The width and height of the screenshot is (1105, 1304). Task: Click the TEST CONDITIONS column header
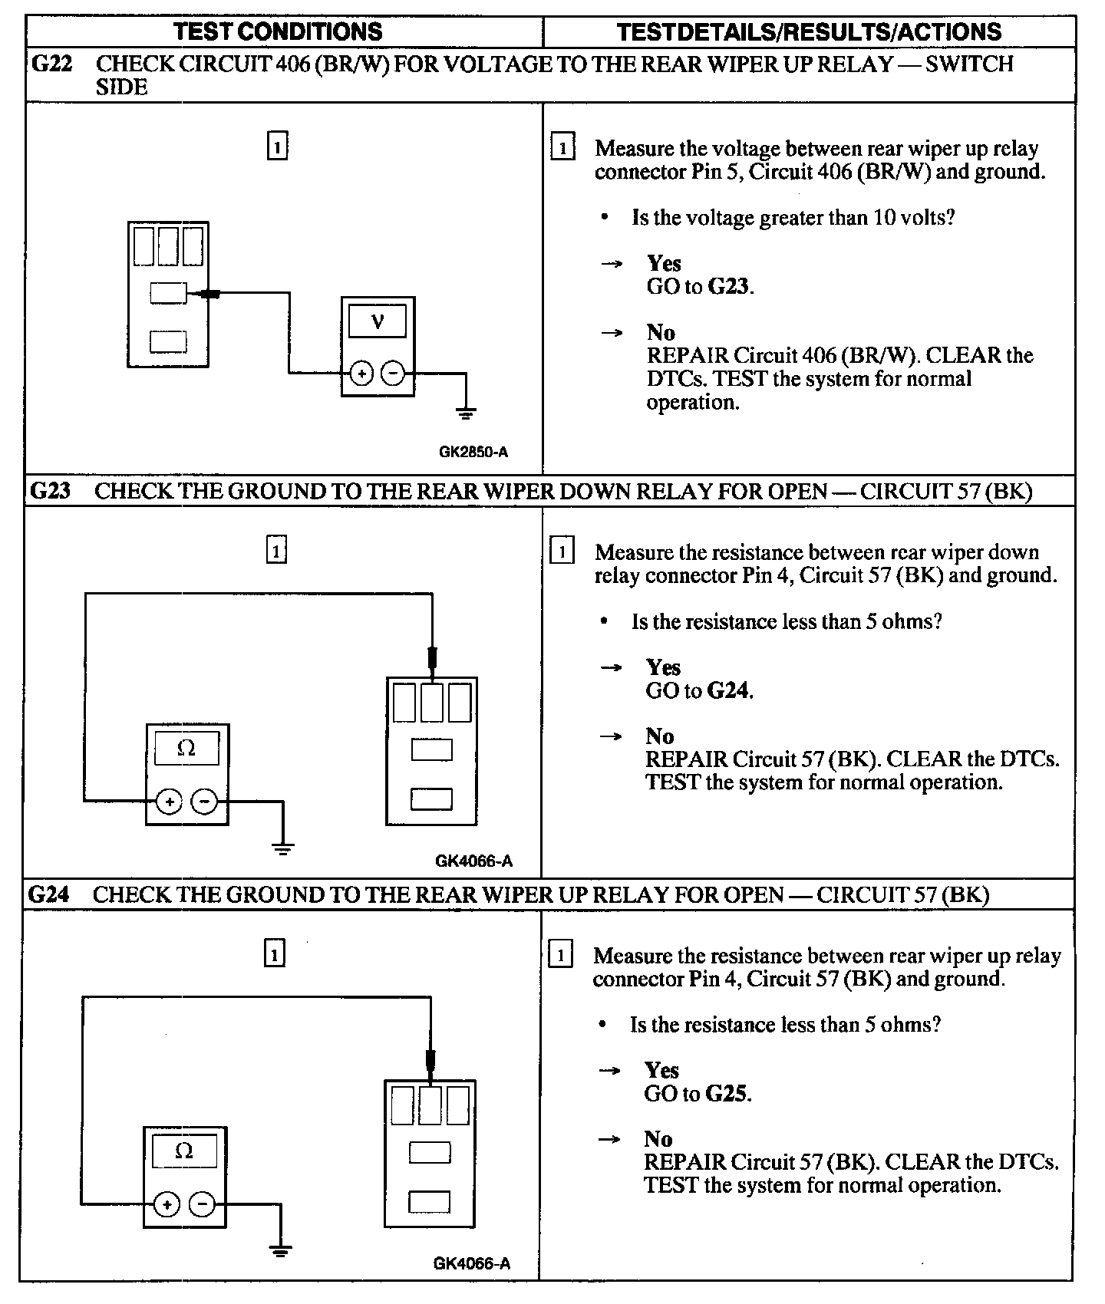pyautogui.click(x=278, y=31)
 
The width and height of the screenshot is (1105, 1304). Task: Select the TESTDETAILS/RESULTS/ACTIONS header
pyautogui.click(x=809, y=31)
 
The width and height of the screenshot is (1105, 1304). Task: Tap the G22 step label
pyautogui.click(x=52, y=64)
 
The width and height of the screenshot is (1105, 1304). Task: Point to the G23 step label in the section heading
pyautogui.click(x=51, y=491)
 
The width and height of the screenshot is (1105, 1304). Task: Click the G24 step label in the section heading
pyautogui.click(x=49, y=894)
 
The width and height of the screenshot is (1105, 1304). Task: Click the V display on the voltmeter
pyautogui.click(x=378, y=321)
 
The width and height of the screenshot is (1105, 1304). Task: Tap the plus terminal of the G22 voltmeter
pyautogui.click(x=361, y=374)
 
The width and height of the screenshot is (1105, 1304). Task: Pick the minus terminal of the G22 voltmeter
pyautogui.click(x=393, y=374)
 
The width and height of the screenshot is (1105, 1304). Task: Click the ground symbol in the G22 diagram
pyautogui.click(x=466, y=413)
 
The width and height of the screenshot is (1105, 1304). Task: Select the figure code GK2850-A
pyautogui.click(x=473, y=452)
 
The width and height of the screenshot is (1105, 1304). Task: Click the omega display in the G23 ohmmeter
pyautogui.click(x=186, y=748)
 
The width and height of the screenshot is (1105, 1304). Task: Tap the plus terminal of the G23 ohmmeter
pyautogui.click(x=169, y=802)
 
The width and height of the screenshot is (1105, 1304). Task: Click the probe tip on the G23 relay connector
pyautogui.click(x=432, y=659)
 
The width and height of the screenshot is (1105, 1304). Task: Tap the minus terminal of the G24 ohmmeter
pyautogui.click(x=202, y=1205)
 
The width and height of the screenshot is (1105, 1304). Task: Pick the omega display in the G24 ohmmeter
pyautogui.click(x=184, y=1151)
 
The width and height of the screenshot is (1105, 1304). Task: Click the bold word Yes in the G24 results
pyautogui.click(x=661, y=1070)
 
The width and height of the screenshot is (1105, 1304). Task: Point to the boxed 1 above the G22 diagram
pyautogui.click(x=277, y=146)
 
